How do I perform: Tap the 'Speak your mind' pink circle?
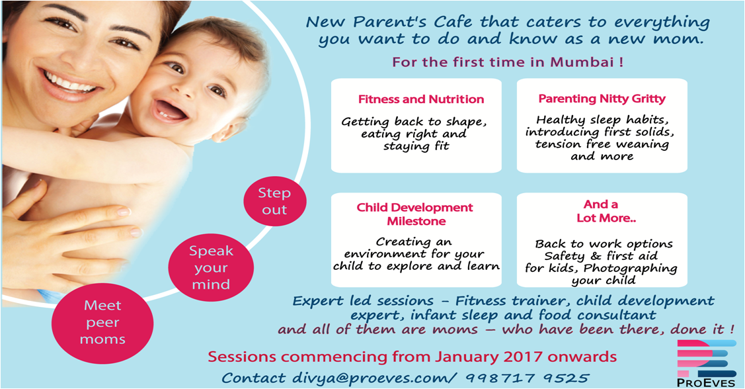tap(211, 268)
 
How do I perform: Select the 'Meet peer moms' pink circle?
tap(102, 322)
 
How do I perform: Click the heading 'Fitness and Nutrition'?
tap(421, 99)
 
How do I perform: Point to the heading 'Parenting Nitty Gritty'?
tap(602, 99)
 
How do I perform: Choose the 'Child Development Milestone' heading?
tap(414, 214)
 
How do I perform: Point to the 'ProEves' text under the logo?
tap(705, 382)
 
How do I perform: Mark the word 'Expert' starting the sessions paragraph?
tap(317, 301)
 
